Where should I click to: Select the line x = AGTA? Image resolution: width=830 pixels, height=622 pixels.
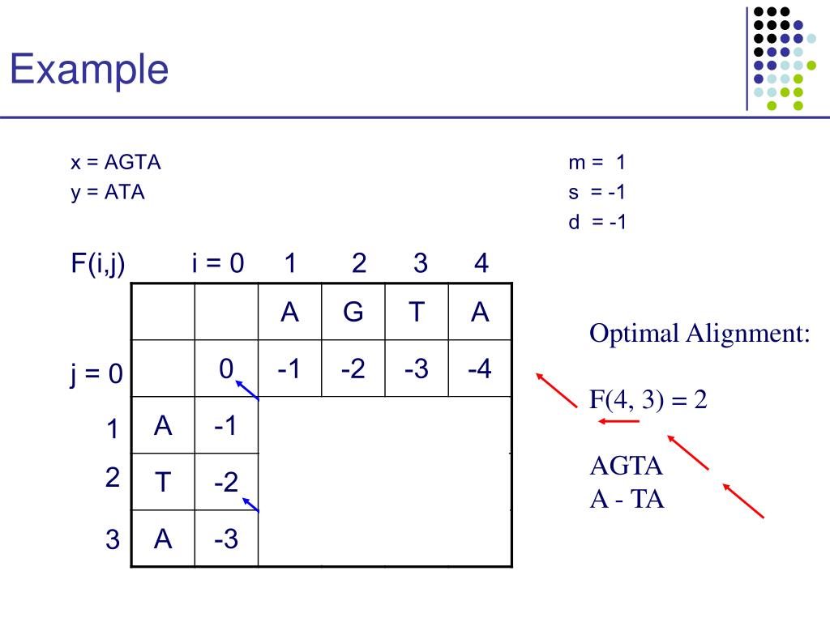[x=115, y=163]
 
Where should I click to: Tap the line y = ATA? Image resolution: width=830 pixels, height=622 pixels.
[x=107, y=193]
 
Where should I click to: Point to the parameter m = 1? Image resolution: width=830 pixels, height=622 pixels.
[x=597, y=163]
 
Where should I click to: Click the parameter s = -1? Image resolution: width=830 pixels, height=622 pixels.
[x=597, y=193]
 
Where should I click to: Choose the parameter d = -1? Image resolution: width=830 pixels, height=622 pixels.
[x=597, y=222]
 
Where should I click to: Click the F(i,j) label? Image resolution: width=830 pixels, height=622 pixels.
[x=97, y=263]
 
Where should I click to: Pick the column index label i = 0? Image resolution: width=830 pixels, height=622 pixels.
[x=218, y=263]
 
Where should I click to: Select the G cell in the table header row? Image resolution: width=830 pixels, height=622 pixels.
[x=353, y=312]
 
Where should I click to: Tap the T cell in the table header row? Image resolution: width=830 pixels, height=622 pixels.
[x=417, y=312]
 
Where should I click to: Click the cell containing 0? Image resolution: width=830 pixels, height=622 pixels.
[x=226, y=369]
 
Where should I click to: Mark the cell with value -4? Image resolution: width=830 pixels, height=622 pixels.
[x=481, y=369]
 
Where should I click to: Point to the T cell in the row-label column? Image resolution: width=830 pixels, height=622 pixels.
[x=163, y=483]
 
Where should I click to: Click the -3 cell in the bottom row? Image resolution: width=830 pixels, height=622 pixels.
[x=226, y=539]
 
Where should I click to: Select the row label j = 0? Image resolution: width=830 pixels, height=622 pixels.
[x=95, y=374]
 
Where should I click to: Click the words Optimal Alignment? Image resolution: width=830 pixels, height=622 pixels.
[x=700, y=333]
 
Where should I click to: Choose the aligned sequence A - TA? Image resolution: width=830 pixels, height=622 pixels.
[x=627, y=500]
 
